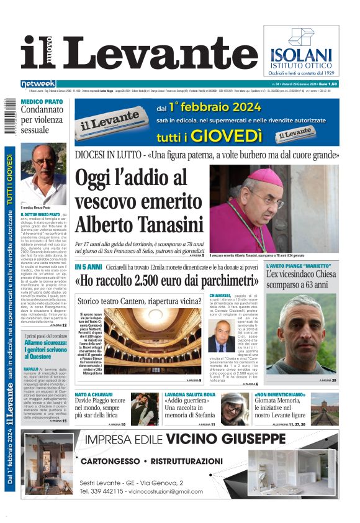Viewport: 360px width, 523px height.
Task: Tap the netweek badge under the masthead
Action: pos(38,83)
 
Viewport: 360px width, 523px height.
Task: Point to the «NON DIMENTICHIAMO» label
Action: pos(280,394)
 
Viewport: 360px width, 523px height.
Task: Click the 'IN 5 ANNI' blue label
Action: pos(89,266)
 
